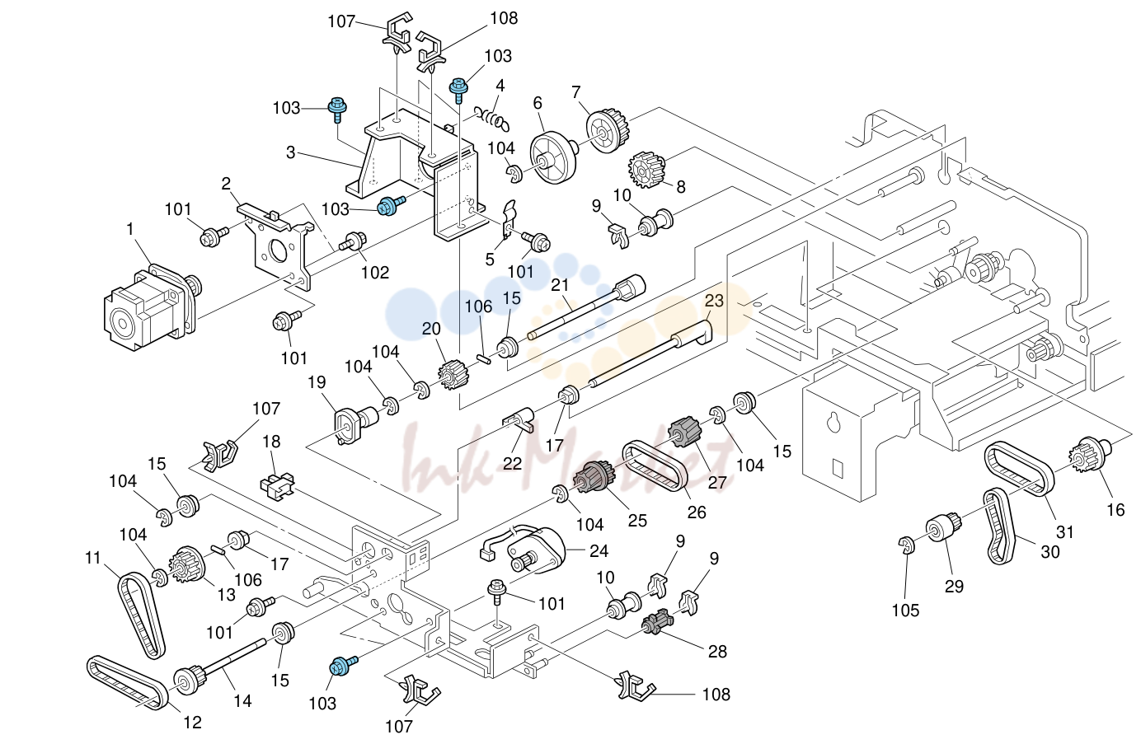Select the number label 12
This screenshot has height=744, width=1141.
[x=192, y=722]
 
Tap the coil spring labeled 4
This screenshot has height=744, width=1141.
[x=491, y=120]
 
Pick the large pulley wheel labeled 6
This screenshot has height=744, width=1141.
[x=554, y=161]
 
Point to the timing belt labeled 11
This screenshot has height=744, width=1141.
[x=142, y=615]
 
